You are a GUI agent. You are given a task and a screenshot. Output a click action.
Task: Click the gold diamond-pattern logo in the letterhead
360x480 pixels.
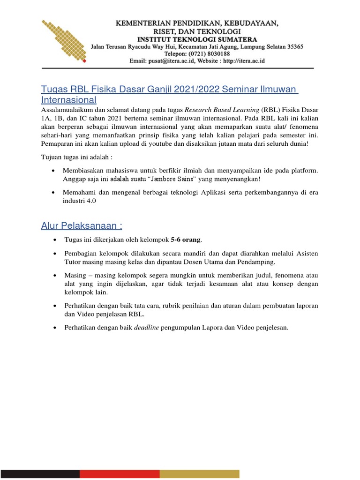tap(63, 40)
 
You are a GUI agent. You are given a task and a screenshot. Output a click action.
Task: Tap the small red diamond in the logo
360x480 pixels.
tap(84, 61)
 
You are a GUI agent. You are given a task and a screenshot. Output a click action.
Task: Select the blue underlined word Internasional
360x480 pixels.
tap(69, 100)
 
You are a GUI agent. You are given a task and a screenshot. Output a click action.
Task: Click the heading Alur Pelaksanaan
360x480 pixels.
tap(82, 226)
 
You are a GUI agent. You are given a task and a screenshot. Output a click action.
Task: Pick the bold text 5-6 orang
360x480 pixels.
tap(186, 240)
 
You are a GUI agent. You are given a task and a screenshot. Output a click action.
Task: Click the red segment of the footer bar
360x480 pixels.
tap(119, 474)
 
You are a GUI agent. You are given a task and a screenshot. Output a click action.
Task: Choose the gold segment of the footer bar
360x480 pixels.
tap(199, 474)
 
